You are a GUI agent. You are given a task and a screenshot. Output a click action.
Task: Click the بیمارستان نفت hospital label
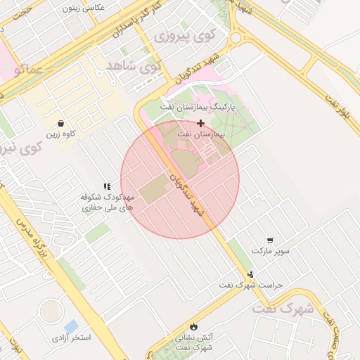(x=200, y=133)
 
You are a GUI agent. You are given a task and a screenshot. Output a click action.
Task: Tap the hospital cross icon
(x=200, y=123)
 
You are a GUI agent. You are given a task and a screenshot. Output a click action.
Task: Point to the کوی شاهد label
(x=134, y=66)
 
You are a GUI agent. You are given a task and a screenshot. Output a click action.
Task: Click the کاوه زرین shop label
(x=61, y=133)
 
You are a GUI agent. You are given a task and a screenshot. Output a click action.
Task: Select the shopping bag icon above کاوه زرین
(x=61, y=123)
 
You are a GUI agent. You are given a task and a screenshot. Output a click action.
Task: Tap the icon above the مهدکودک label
(x=107, y=186)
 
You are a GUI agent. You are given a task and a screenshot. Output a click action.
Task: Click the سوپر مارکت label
(x=271, y=250)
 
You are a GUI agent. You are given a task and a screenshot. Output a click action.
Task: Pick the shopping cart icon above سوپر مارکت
(x=271, y=240)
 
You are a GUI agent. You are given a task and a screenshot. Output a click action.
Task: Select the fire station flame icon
(x=193, y=327)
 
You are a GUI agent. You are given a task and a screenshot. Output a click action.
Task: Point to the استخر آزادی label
(x=71, y=338)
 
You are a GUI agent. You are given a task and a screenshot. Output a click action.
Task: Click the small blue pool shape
(x=71, y=326)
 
